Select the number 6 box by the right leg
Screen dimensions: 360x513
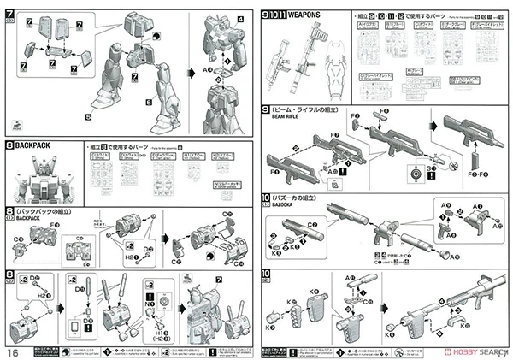pos(148,102)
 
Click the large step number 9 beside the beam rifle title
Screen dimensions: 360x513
pos(267,110)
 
